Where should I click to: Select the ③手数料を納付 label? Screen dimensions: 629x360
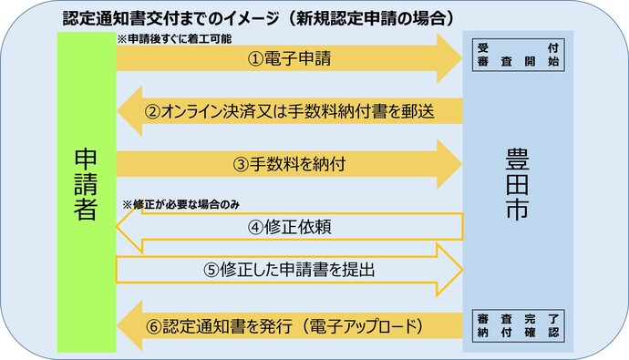[x=290, y=164]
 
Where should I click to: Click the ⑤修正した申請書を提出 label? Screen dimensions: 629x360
[x=290, y=270]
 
